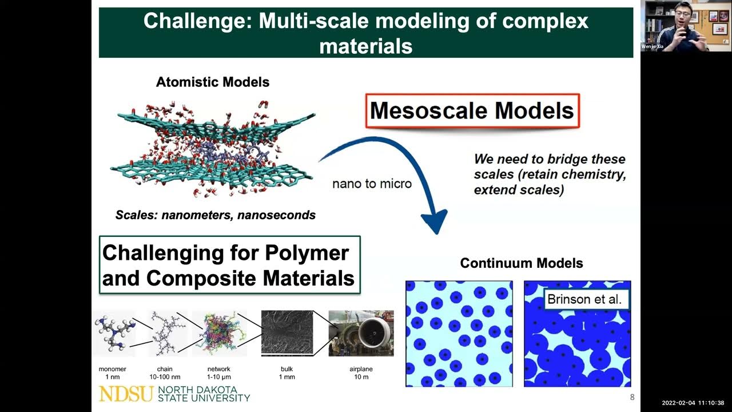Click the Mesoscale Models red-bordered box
(x=472, y=110)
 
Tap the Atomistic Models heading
(x=213, y=82)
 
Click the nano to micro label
(x=372, y=184)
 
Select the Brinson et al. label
(x=584, y=299)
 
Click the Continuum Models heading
(x=521, y=263)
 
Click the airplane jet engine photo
(x=361, y=333)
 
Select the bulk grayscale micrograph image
(x=287, y=333)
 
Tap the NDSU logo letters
(x=126, y=394)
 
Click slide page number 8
(x=632, y=398)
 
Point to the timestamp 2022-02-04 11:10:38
(x=693, y=403)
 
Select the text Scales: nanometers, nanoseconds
(x=215, y=216)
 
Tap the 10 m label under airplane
(x=361, y=378)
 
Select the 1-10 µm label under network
(x=220, y=378)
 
